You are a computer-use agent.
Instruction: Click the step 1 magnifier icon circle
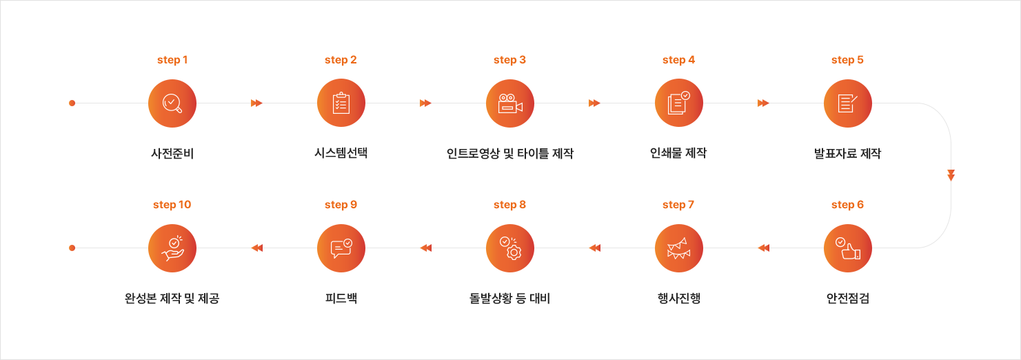(x=172, y=103)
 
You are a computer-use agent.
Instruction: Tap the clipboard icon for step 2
(x=341, y=103)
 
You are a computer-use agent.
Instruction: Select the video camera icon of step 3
(x=510, y=103)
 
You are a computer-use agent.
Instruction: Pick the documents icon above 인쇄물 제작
(x=679, y=103)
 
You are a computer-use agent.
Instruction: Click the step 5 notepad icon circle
(x=848, y=103)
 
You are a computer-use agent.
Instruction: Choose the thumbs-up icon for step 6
(x=848, y=248)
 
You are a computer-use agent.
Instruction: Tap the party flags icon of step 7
(x=679, y=248)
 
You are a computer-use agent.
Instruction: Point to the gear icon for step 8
(x=510, y=248)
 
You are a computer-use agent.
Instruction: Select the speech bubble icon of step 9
(x=341, y=248)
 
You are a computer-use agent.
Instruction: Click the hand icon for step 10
(x=172, y=248)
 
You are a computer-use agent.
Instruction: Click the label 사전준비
(x=172, y=154)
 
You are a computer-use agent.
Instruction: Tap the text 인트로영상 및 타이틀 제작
(x=510, y=154)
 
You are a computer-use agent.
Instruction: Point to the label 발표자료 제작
(x=848, y=154)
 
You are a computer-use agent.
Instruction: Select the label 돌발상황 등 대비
(x=510, y=299)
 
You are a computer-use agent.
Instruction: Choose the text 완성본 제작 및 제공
(x=172, y=299)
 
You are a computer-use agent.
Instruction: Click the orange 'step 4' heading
(x=679, y=60)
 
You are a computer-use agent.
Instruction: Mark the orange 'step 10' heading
(x=172, y=205)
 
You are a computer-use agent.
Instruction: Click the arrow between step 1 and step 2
(x=256, y=103)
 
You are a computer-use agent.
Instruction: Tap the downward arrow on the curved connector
(x=951, y=175)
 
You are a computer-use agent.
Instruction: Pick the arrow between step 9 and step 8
(x=425, y=248)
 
